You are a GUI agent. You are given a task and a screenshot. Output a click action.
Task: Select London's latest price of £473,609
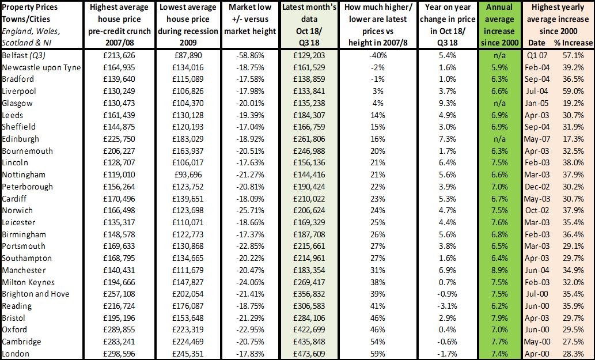click(309, 354)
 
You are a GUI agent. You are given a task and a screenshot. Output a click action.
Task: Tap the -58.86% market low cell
click(250, 55)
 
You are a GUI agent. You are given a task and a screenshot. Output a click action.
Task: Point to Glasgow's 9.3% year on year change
click(448, 103)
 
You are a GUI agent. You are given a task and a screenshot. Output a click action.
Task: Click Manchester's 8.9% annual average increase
click(499, 270)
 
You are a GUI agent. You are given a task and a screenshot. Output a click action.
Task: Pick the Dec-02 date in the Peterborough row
click(537, 187)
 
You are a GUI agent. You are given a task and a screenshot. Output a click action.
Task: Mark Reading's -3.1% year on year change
click(448, 306)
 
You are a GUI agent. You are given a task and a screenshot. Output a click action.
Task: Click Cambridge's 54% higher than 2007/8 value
click(378, 342)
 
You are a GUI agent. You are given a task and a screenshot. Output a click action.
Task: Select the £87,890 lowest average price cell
click(188, 55)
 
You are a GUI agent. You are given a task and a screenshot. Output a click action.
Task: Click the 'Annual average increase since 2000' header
click(499, 25)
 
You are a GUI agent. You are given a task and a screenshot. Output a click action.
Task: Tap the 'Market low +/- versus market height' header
click(250, 19)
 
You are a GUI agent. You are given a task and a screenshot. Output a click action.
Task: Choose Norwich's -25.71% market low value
click(250, 210)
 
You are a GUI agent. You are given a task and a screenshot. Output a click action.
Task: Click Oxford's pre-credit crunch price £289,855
click(119, 329)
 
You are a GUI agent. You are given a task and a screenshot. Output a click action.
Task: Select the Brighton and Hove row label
click(36, 294)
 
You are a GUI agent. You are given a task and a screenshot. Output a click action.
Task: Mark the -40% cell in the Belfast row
click(378, 55)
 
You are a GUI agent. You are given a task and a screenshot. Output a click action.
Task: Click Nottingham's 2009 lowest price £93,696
click(188, 175)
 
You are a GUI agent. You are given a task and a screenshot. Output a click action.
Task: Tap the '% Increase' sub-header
click(573, 43)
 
